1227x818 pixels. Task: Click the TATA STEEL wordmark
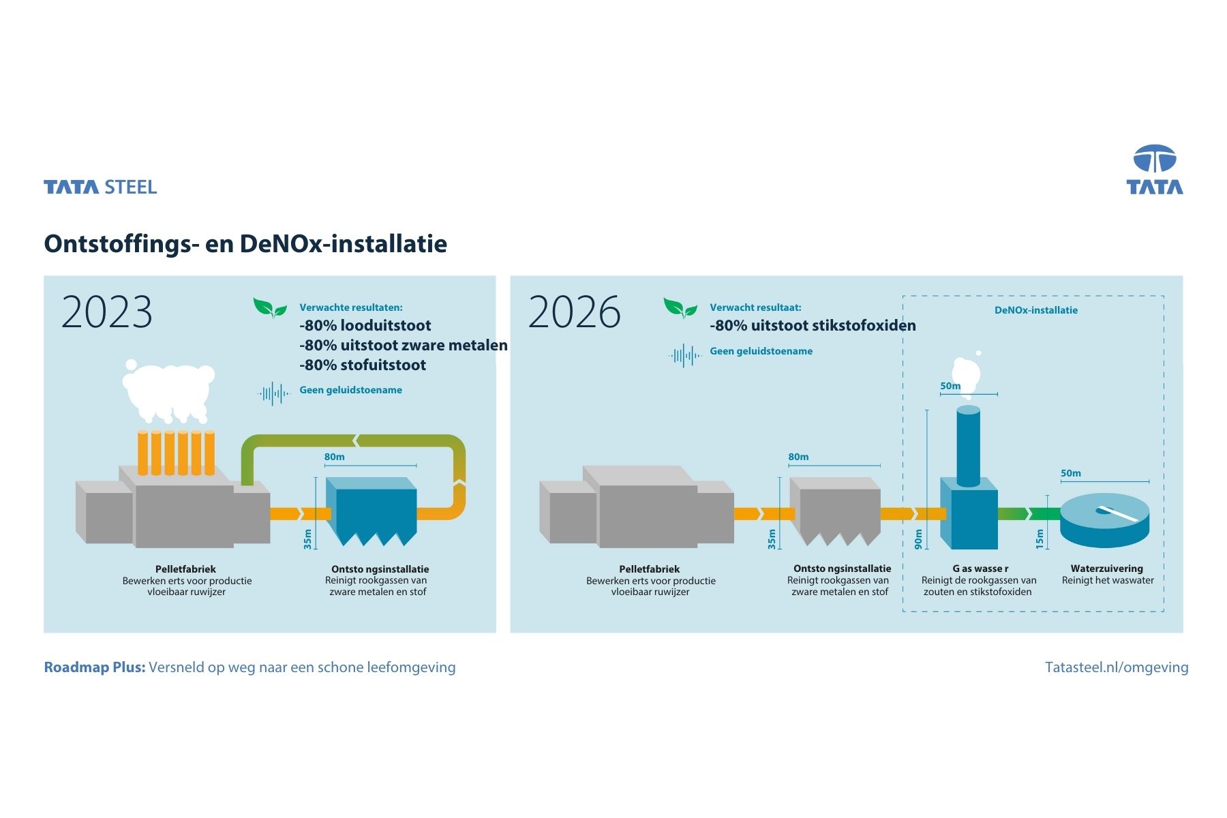[x=100, y=187]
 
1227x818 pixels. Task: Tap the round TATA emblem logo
[x=1154, y=159]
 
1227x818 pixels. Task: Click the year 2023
[x=107, y=312]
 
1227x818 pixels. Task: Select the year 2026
[x=574, y=312]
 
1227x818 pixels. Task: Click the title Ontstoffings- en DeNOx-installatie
[x=245, y=243]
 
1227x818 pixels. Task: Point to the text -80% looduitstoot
[x=365, y=325]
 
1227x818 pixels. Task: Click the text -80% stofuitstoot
[x=363, y=365]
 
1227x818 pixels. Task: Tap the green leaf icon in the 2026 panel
[x=680, y=309]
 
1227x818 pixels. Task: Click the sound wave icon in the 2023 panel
[x=274, y=393]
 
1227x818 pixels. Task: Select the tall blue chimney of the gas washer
[x=968, y=446]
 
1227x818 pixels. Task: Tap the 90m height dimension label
[x=918, y=539]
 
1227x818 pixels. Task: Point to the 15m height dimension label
[x=1040, y=539]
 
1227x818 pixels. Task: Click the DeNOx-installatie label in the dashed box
[x=1035, y=310]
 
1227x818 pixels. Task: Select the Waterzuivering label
[x=1106, y=569]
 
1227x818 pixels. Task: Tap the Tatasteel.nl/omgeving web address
[x=1116, y=667]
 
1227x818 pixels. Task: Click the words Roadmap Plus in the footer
[x=95, y=667]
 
